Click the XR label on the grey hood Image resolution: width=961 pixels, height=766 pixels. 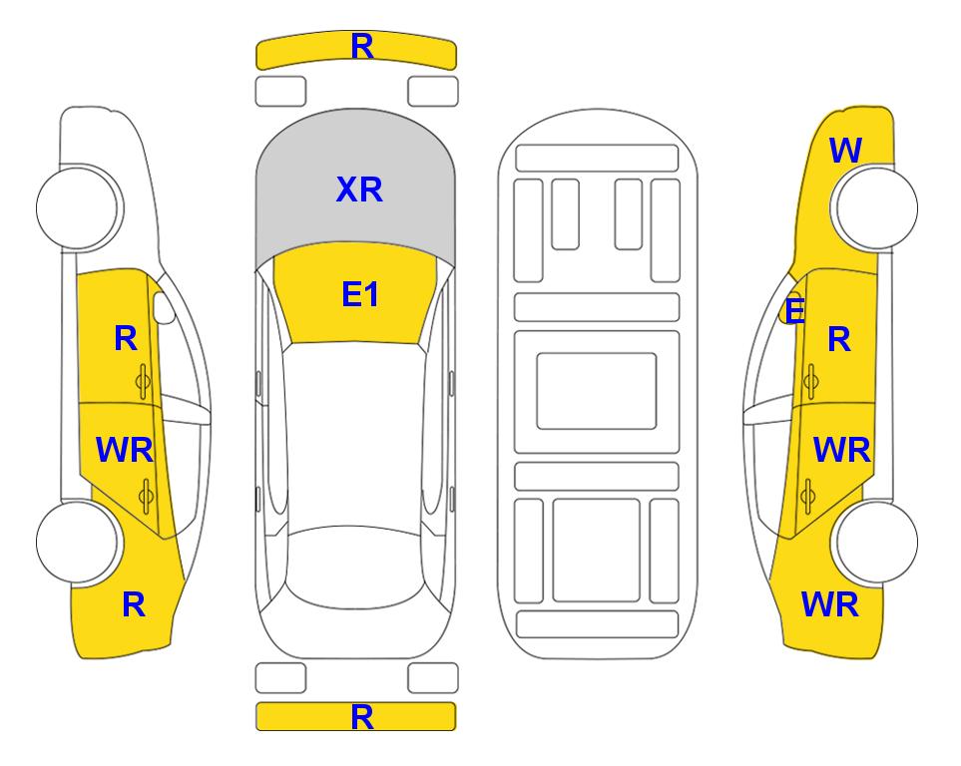pyautogui.click(x=359, y=190)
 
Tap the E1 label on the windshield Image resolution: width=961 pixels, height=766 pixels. pyautogui.click(x=360, y=295)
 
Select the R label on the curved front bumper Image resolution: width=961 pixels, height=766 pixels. pyautogui.click(x=362, y=46)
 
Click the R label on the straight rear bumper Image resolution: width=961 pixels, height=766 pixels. pyautogui.click(x=362, y=717)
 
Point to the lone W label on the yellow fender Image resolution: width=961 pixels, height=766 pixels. pyautogui.click(x=846, y=150)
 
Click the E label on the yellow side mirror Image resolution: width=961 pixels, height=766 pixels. pyautogui.click(x=794, y=310)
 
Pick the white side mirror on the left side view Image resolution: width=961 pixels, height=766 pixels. pyautogui.click(x=164, y=307)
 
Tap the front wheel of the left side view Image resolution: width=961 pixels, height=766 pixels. pyautogui.click(x=78, y=207)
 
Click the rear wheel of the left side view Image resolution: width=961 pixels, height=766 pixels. pyautogui.click(x=78, y=542)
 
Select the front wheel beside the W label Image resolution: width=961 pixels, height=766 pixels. pyautogui.click(x=875, y=207)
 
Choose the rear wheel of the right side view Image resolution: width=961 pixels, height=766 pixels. pyautogui.click(x=875, y=542)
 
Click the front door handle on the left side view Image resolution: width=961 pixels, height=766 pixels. pyautogui.click(x=143, y=382)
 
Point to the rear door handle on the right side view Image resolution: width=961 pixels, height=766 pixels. pyautogui.click(x=807, y=495)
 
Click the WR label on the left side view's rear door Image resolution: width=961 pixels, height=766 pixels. pyautogui.click(x=125, y=451)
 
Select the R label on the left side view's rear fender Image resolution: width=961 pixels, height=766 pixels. pyautogui.click(x=134, y=604)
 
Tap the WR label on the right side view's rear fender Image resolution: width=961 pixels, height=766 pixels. pyautogui.click(x=830, y=604)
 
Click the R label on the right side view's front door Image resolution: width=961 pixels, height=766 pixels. pyautogui.click(x=839, y=339)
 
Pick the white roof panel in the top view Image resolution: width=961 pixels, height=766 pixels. pyautogui.click(x=354, y=435)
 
